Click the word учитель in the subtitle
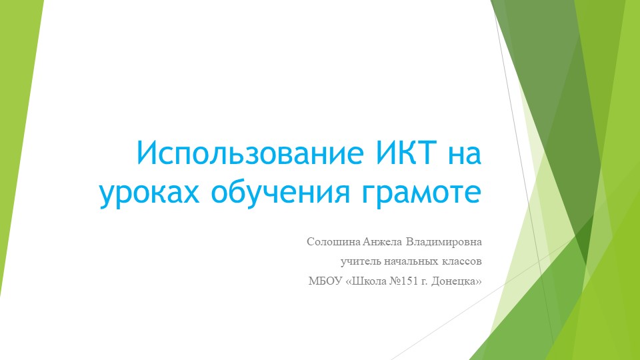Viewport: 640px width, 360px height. coord(361,261)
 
